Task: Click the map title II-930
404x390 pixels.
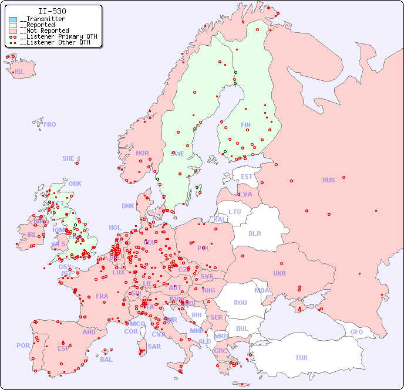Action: (52, 11)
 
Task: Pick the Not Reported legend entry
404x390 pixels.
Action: (43, 30)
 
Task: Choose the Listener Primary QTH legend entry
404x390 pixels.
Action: (53, 36)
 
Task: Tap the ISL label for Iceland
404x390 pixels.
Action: (19, 72)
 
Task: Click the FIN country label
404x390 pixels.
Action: (245, 125)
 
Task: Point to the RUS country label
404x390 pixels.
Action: (328, 180)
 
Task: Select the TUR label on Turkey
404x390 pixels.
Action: (301, 358)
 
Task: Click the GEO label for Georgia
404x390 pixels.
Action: (356, 332)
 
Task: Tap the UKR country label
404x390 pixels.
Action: (280, 273)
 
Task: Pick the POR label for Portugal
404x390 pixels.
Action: (23, 345)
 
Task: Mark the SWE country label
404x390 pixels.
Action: (177, 154)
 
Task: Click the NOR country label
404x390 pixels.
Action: (142, 153)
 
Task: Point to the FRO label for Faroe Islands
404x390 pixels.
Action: (49, 124)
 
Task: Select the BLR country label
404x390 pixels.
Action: (254, 233)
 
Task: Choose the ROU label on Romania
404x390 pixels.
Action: (240, 303)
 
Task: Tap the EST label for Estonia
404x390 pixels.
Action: (247, 177)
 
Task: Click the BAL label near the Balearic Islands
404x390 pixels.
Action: (106, 360)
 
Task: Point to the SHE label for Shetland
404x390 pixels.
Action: (68, 158)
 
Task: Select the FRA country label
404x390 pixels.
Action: (102, 296)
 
